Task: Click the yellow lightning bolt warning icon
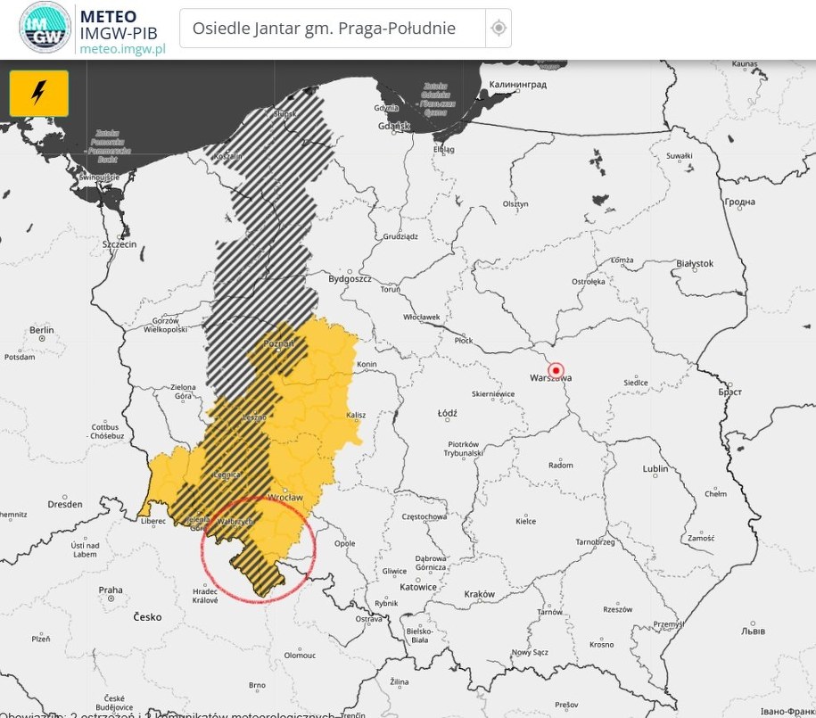coord(38,93)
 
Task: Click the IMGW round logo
coord(44,28)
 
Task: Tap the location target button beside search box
coord(499,29)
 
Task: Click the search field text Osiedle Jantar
coord(324,29)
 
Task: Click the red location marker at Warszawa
coord(556,370)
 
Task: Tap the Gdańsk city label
coord(393,126)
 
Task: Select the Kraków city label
coord(479,594)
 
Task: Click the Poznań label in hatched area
coord(278,342)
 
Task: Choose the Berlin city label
coord(41,330)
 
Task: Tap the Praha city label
coord(111,590)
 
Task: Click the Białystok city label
coord(695,264)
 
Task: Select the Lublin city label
coord(655,469)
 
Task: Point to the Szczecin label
coord(119,243)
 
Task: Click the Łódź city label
coord(447,414)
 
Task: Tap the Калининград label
coord(517,85)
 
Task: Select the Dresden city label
coord(65,504)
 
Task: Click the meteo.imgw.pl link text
coord(122,48)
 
